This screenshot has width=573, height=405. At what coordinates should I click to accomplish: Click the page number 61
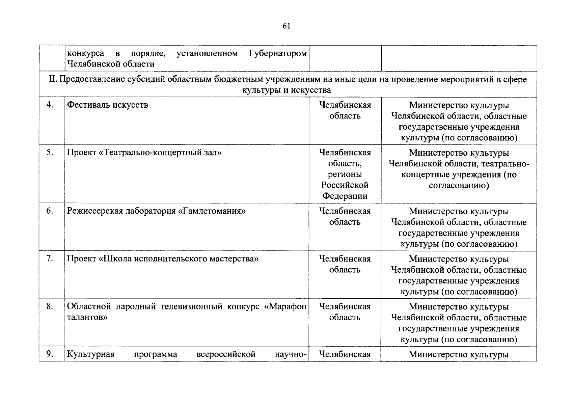[x=286, y=26]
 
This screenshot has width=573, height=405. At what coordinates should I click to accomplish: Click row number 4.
[x=50, y=105]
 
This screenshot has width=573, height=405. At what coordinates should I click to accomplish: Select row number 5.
[x=50, y=153]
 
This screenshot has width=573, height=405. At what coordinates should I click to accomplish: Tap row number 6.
[x=50, y=211]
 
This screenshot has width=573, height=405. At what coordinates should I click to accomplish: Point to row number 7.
[x=50, y=259]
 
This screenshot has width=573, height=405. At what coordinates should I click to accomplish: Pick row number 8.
[x=50, y=306]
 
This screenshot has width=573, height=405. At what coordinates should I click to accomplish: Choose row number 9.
[x=50, y=354]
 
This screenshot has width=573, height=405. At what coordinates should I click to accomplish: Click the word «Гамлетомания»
[x=212, y=211]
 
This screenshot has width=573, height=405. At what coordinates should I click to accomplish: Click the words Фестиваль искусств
[x=107, y=105]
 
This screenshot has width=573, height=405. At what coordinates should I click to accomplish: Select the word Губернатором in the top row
[x=278, y=54]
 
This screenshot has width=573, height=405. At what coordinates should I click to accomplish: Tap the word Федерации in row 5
[x=345, y=196]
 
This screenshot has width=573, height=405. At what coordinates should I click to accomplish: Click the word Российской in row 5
[x=345, y=185]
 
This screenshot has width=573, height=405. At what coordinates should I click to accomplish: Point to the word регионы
[x=345, y=174]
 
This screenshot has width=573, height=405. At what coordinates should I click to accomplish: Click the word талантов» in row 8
[x=87, y=317]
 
